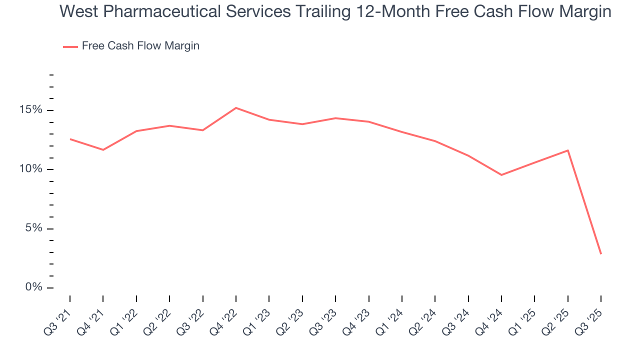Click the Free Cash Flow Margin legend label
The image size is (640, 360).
point(140,46)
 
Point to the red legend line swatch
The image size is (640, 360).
point(70,46)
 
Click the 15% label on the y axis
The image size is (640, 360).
point(31,110)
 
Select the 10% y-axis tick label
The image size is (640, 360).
point(31,169)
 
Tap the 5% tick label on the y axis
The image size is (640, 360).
point(34,228)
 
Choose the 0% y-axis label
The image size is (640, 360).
point(34,287)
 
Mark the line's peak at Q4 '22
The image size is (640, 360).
point(236,107)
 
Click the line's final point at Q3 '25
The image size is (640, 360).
point(601,254)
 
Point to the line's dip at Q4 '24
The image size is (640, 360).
point(501,175)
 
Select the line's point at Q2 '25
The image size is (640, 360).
point(568,150)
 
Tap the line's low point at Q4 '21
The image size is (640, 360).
point(103,149)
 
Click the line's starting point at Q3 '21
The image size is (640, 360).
point(70,139)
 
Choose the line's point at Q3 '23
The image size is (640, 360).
point(335,118)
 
